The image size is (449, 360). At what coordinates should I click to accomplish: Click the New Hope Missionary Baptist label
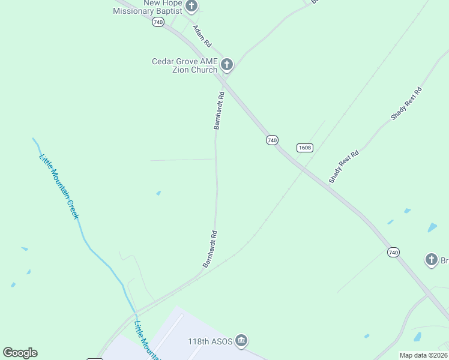point(147,7)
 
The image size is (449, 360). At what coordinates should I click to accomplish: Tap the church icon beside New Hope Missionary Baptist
point(191,7)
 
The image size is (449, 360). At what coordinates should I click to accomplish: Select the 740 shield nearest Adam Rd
point(158,22)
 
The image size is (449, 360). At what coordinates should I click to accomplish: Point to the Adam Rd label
point(202,36)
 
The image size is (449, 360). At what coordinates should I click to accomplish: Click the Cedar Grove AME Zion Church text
point(184,65)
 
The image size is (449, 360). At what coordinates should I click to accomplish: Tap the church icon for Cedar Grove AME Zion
point(226,64)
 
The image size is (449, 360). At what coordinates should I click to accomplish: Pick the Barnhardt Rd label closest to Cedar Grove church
point(218,110)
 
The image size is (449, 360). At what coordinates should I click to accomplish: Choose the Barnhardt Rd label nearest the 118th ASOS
point(209,249)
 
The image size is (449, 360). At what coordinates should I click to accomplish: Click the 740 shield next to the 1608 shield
point(272,140)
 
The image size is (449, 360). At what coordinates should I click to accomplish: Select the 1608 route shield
point(304,148)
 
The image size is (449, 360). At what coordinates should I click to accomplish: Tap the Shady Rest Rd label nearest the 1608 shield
point(343,167)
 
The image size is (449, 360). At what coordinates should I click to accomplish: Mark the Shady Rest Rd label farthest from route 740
point(406,104)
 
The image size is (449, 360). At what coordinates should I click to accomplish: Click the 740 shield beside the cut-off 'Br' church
point(393,252)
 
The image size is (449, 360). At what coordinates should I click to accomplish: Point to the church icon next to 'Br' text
point(431,260)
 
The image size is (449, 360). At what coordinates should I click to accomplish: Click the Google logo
point(20,353)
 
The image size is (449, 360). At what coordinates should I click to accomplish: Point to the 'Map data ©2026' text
point(423,355)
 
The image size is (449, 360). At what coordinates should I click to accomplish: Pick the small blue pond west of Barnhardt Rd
point(158,193)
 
